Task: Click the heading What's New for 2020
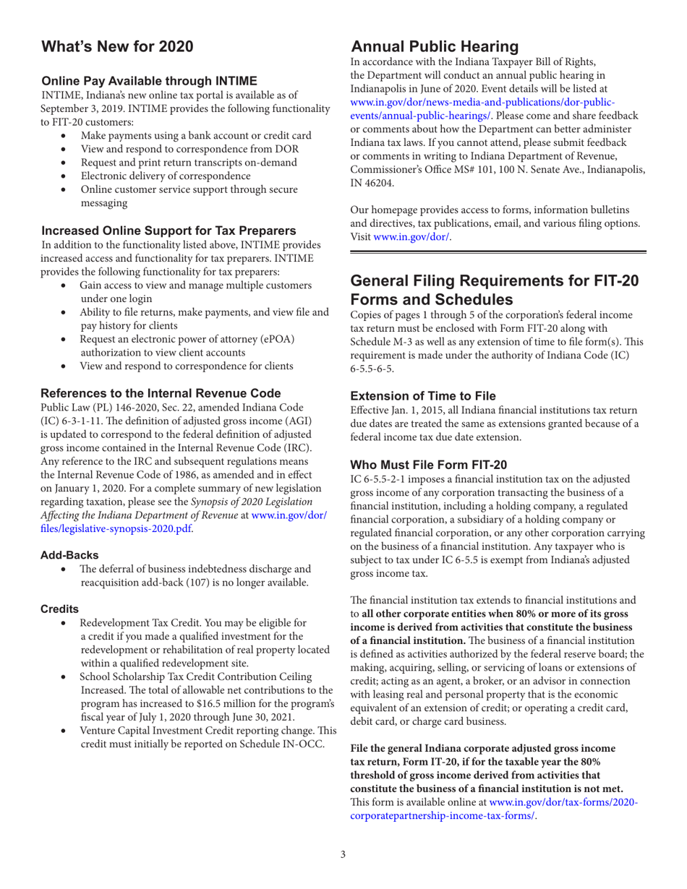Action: (x=117, y=48)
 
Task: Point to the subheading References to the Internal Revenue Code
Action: (x=160, y=394)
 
